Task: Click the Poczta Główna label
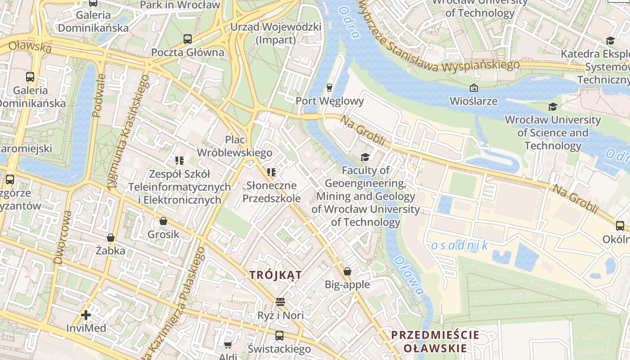pyautogui.click(x=187, y=52)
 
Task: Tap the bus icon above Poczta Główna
pyautogui.click(x=188, y=39)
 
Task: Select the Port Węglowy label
pyautogui.click(x=329, y=101)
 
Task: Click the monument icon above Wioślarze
pyautogui.click(x=473, y=88)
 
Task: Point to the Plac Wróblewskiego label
pyautogui.click(x=235, y=146)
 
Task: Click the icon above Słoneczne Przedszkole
pyautogui.click(x=271, y=172)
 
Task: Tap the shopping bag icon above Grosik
pyautogui.click(x=163, y=221)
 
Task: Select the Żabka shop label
pyautogui.click(x=110, y=251)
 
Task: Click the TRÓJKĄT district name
pyautogui.click(x=276, y=275)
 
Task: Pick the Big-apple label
pyautogui.click(x=347, y=284)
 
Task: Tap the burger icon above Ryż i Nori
pyautogui.click(x=280, y=301)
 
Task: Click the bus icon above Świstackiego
pyautogui.click(x=279, y=336)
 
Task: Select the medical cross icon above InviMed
pyautogui.click(x=86, y=315)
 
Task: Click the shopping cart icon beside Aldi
pyautogui.click(x=228, y=345)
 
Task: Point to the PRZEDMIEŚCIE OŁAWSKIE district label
pyautogui.click(x=435, y=342)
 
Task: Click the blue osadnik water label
pyautogui.click(x=459, y=245)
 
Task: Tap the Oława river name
pyautogui.click(x=409, y=276)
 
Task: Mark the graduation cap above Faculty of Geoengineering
pyautogui.click(x=365, y=157)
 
